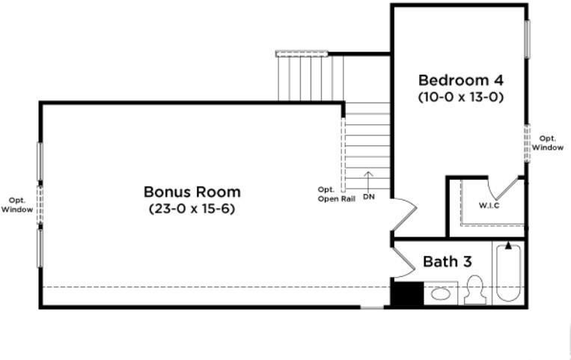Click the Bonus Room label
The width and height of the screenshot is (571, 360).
192,192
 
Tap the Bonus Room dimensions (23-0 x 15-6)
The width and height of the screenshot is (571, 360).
192,209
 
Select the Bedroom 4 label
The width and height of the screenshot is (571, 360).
461,80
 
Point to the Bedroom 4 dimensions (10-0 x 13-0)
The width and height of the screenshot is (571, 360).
461,97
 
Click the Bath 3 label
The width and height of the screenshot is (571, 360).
448,262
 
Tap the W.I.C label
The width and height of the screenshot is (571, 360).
489,206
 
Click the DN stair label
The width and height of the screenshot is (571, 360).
368,197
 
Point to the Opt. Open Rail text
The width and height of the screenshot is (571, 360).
336,194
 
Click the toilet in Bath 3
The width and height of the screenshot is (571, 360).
475,290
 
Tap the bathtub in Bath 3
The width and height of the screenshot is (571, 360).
508,272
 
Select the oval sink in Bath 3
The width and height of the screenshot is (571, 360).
440,293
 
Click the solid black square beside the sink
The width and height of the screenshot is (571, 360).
408,293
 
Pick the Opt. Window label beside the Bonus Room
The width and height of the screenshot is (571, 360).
16,205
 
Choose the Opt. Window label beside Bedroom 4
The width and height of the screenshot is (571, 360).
547,143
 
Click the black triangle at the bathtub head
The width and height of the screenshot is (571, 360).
508,246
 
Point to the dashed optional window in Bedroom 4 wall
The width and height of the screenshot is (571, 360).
527,143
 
